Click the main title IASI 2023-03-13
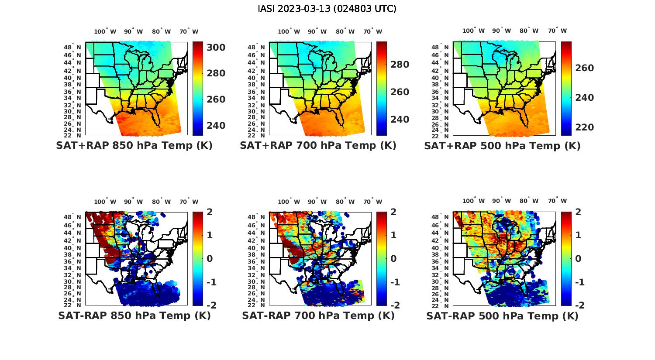[x=327, y=9]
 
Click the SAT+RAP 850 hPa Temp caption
[x=134, y=146]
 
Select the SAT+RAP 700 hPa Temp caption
[x=318, y=146]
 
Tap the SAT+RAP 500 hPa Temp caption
[x=502, y=146]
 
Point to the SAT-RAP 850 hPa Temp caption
[x=134, y=315]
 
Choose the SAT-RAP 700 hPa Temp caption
[x=318, y=315]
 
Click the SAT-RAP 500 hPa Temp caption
[x=502, y=315]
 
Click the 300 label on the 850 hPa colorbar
[x=216, y=47]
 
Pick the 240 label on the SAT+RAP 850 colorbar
[x=216, y=126]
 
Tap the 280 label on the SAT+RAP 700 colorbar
[x=400, y=65]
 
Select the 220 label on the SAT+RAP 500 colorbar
[x=584, y=127]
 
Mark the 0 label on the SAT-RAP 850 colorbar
[x=210, y=258]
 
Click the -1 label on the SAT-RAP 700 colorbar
[x=394, y=282]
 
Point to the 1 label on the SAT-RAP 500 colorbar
[x=578, y=235]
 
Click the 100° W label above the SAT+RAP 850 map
[x=105, y=31]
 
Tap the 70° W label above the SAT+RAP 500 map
[x=558, y=31]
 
